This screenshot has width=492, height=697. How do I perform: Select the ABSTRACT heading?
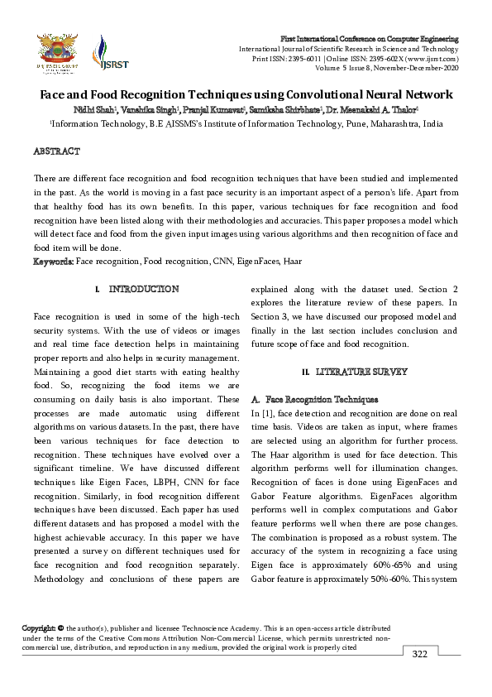pyautogui.click(x=56, y=151)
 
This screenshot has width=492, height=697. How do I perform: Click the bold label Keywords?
pyautogui.click(x=54, y=262)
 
